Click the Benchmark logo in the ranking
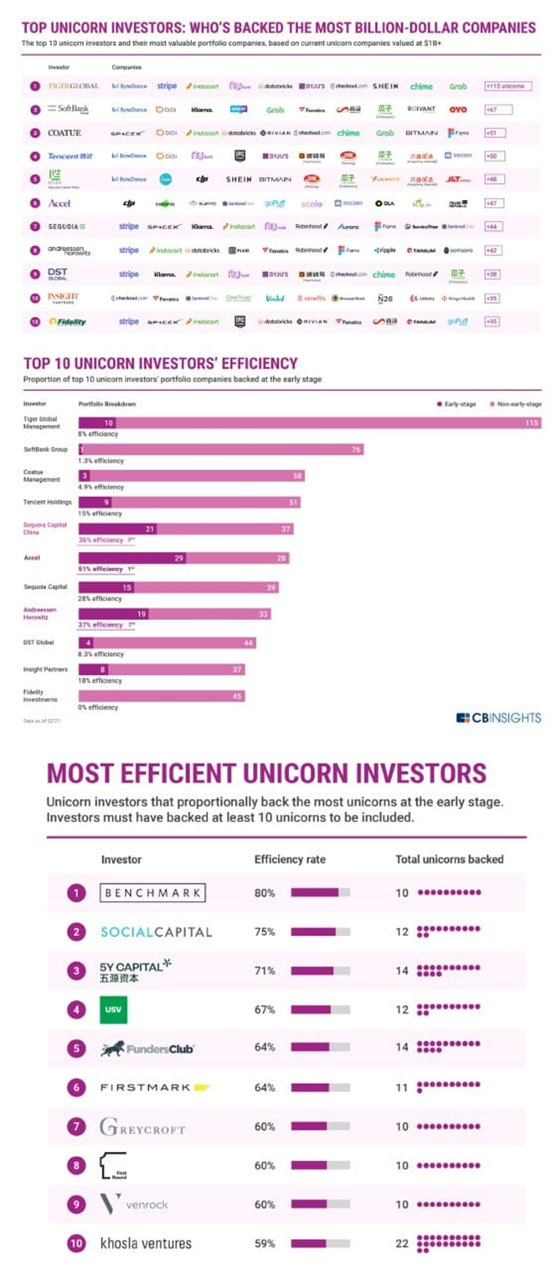point(152,893)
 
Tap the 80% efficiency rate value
point(265,893)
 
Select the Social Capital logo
point(156,932)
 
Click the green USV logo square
point(113,1009)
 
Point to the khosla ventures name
point(146,1243)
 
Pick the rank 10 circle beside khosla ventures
point(77,1243)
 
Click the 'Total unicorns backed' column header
point(449,859)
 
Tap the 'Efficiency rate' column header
point(290,859)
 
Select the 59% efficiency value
point(265,1243)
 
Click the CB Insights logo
point(498,717)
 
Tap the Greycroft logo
point(142,1127)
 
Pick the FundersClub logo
point(147,1048)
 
